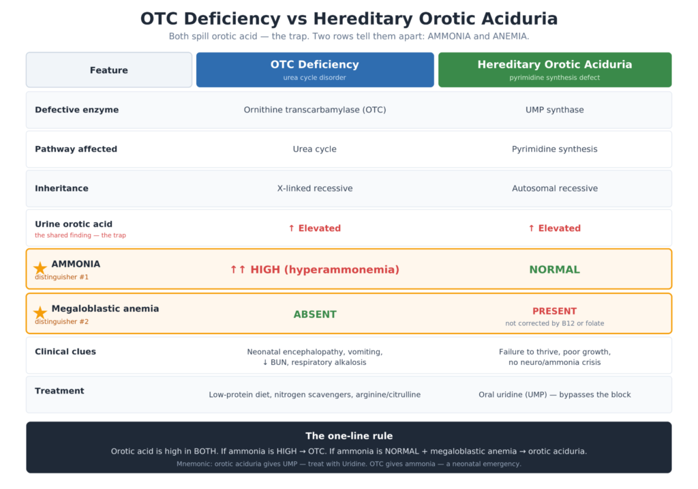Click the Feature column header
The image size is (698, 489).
pyautogui.click(x=109, y=70)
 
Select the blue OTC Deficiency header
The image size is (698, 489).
pyautogui.click(x=315, y=70)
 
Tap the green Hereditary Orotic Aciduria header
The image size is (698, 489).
pyautogui.click(x=555, y=70)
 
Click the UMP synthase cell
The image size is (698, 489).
pyautogui.click(x=555, y=110)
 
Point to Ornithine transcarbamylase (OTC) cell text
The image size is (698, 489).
pyautogui.click(x=315, y=110)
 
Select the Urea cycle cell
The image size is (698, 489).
pyautogui.click(x=315, y=149)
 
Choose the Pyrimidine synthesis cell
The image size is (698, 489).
pyautogui.click(x=555, y=149)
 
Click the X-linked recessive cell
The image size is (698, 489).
pyautogui.click(x=315, y=188)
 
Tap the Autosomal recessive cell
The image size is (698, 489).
pyautogui.click(x=555, y=188)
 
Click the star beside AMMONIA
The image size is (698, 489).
pyautogui.click(x=40, y=267)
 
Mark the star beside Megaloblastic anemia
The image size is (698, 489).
pyautogui.click(x=40, y=312)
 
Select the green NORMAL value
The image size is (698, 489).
pyautogui.click(x=555, y=269)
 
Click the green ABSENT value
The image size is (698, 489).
pyautogui.click(x=315, y=314)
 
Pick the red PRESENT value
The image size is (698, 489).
pyautogui.click(x=555, y=311)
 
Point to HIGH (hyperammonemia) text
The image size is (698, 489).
pyautogui.click(x=324, y=269)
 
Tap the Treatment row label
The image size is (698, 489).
pyautogui.click(x=59, y=391)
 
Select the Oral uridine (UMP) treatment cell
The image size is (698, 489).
pyautogui.click(x=555, y=395)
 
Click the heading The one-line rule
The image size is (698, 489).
pyautogui.click(x=349, y=436)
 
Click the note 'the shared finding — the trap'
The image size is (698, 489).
pyautogui.click(x=80, y=235)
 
